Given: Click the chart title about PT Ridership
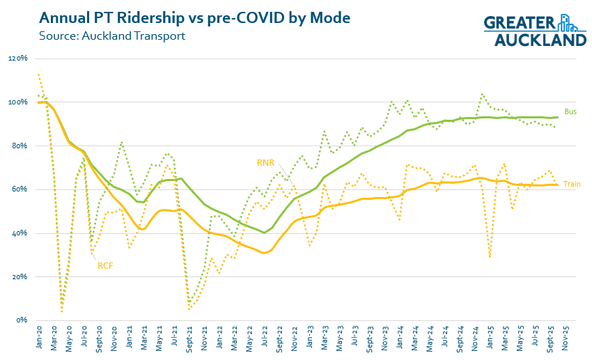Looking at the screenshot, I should click(195, 17).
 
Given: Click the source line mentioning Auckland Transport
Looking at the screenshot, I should click(112, 36).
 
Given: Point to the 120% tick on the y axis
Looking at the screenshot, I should click(17, 58).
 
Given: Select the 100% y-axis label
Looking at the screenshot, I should click(17, 102).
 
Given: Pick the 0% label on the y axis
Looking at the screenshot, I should click(21, 320).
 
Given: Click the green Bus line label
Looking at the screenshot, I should click(570, 111).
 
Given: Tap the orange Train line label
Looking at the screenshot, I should click(572, 185).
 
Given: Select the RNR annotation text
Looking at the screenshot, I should click(265, 163).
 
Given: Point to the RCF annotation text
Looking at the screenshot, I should click(106, 265).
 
